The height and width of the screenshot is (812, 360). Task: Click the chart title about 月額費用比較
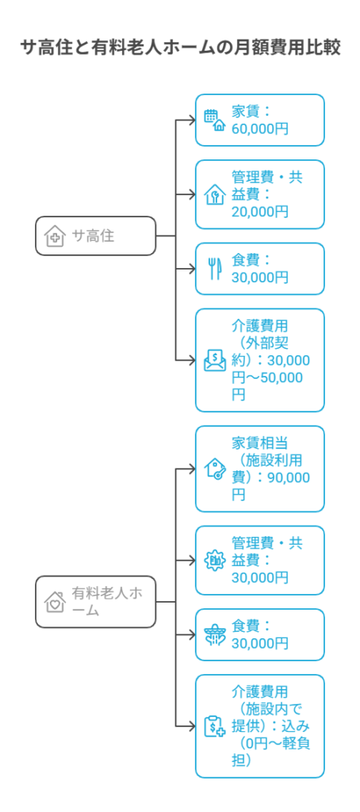180,48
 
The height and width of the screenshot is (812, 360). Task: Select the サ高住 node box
95,236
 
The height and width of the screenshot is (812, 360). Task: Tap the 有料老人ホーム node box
95,602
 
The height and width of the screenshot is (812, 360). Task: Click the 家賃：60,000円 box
259,121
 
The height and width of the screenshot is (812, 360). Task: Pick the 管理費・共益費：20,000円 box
259,194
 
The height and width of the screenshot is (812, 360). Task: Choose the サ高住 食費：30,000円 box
259,269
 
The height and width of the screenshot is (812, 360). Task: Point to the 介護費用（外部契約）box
259,361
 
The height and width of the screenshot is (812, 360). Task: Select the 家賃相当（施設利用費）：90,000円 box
259,469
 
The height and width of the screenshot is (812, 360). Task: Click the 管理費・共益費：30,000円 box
259,561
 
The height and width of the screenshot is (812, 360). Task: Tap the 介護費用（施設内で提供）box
259,726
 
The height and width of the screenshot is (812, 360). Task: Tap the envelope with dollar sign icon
215,361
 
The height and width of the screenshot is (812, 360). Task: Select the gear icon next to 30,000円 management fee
215,561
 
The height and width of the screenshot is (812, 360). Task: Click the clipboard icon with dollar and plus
215,726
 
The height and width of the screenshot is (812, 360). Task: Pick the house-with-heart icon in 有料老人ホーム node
55,602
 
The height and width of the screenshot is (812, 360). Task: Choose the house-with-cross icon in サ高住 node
55,236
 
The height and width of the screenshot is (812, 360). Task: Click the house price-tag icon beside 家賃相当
215,469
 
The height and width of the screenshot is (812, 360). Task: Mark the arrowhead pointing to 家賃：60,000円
193,121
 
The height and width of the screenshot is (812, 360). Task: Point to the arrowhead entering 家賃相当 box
193,469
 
